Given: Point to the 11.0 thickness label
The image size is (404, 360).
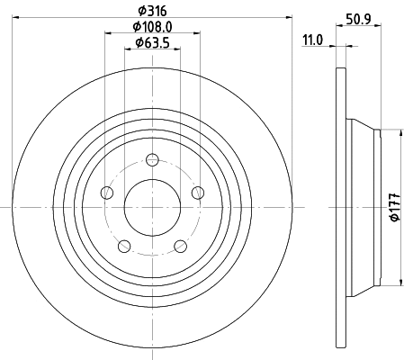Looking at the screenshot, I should click(312, 40).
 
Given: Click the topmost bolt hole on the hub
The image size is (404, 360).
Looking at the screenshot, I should click(152, 160).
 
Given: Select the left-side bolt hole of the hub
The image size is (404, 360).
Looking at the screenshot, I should click(108, 192).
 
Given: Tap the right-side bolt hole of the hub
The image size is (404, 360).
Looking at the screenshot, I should click(196, 192).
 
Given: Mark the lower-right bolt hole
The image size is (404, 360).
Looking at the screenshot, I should click(179, 245).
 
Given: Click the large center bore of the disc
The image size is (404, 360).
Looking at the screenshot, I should click(152, 206).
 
